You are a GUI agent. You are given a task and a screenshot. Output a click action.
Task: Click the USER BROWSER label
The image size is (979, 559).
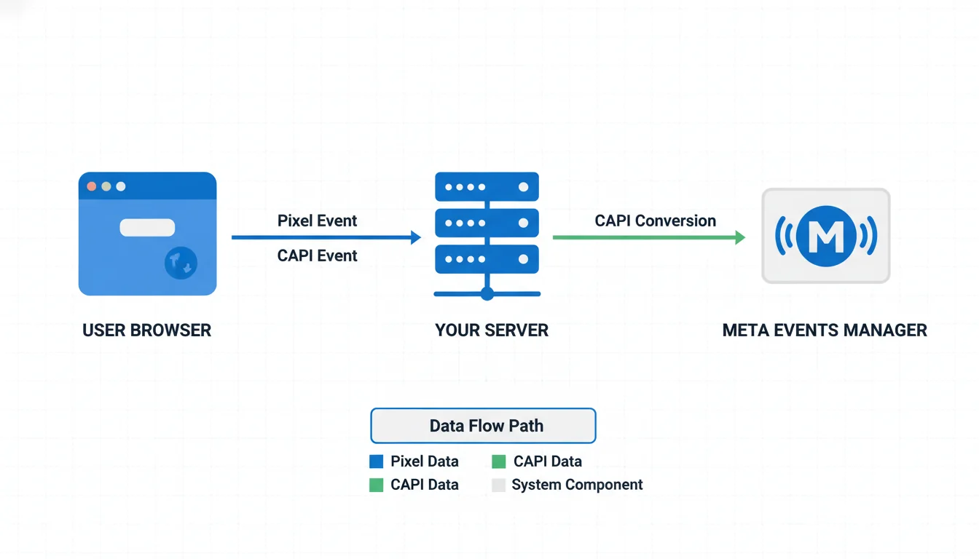(x=146, y=330)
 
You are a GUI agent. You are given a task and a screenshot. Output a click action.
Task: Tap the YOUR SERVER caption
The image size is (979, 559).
(x=492, y=330)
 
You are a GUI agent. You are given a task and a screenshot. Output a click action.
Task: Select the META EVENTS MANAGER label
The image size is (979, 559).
(x=825, y=330)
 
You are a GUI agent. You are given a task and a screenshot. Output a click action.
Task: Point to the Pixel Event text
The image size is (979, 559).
(x=317, y=221)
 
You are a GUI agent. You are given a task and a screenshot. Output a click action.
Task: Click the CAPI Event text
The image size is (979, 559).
(x=317, y=255)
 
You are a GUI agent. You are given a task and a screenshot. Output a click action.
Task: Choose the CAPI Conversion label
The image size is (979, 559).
(x=655, y=221)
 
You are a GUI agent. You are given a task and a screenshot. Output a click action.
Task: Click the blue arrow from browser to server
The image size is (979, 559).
(x=326, y=237)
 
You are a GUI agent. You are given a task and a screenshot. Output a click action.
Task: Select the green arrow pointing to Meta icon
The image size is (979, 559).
(x=648, y=237)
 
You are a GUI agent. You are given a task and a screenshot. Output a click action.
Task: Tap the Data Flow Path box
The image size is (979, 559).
(x=484, y=426)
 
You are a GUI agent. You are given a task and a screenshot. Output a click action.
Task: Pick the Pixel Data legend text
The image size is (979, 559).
(x=424, y=461)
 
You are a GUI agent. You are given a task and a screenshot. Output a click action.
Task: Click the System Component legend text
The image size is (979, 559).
(x=577, y=485)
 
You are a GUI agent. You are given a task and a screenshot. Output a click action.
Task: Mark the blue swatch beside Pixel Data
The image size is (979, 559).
(x=377, y=461)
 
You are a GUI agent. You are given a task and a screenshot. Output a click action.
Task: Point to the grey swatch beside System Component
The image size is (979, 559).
(x=498, y=485)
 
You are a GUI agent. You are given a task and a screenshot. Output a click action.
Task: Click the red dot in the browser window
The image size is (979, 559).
(x=92, y=186)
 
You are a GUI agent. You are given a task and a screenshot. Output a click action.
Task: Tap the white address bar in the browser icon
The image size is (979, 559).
(x=147, y=228)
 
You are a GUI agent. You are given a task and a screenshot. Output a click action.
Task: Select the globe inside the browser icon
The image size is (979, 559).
(x=181, y=263)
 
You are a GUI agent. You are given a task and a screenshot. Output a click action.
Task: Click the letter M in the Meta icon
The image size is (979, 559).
(x=825, y=235)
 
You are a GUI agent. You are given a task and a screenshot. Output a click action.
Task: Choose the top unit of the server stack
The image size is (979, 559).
(x=487, y=187)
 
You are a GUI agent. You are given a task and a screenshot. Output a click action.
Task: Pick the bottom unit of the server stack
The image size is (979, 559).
(x=487, y=259)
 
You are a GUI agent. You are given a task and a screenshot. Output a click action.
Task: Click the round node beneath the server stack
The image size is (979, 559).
(x=487, y=293)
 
